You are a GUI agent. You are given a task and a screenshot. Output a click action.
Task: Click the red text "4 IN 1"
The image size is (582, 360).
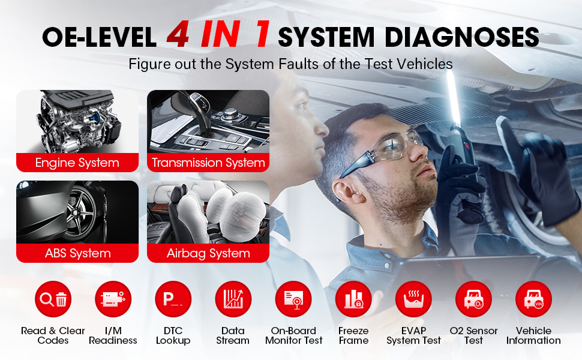218,34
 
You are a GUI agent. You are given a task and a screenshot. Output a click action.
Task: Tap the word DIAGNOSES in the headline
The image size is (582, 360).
461,37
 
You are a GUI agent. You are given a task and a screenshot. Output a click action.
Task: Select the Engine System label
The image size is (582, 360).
77,163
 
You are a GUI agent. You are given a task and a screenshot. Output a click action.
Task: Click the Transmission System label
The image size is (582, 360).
208,163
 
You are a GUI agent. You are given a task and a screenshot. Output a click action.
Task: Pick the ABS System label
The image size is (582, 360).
77,253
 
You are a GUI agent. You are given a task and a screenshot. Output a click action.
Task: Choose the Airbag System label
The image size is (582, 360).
208,253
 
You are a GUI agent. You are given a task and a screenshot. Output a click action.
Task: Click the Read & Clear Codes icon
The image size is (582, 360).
53,299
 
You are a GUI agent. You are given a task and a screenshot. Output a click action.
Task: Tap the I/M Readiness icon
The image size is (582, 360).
113,299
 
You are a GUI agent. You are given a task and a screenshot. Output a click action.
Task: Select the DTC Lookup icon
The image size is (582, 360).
173,299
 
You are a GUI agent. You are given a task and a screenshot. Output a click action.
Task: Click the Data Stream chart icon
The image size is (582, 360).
233,299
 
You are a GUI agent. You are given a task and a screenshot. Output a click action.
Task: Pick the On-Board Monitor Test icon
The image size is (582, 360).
293,299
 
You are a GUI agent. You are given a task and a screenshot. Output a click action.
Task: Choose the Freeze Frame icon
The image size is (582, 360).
353,299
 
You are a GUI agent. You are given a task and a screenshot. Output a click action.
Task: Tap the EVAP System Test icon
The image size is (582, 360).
413,299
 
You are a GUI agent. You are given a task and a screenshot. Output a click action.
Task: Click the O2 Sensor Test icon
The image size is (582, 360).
473,299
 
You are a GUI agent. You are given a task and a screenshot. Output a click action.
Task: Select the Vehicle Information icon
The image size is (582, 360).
534,299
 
